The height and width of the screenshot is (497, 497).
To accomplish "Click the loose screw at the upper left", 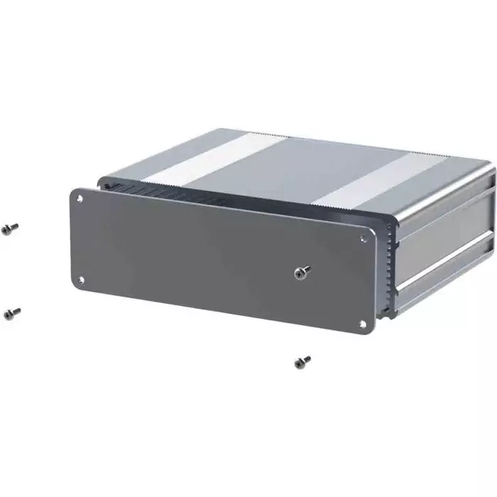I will pos(10,229).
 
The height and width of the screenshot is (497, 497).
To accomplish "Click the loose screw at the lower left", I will pos(11,312).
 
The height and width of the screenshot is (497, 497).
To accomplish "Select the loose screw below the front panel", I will pos(302,363).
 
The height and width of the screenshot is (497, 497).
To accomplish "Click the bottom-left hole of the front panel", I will pos(80,278).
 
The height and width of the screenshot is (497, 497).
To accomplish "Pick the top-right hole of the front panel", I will pos(364,239).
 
